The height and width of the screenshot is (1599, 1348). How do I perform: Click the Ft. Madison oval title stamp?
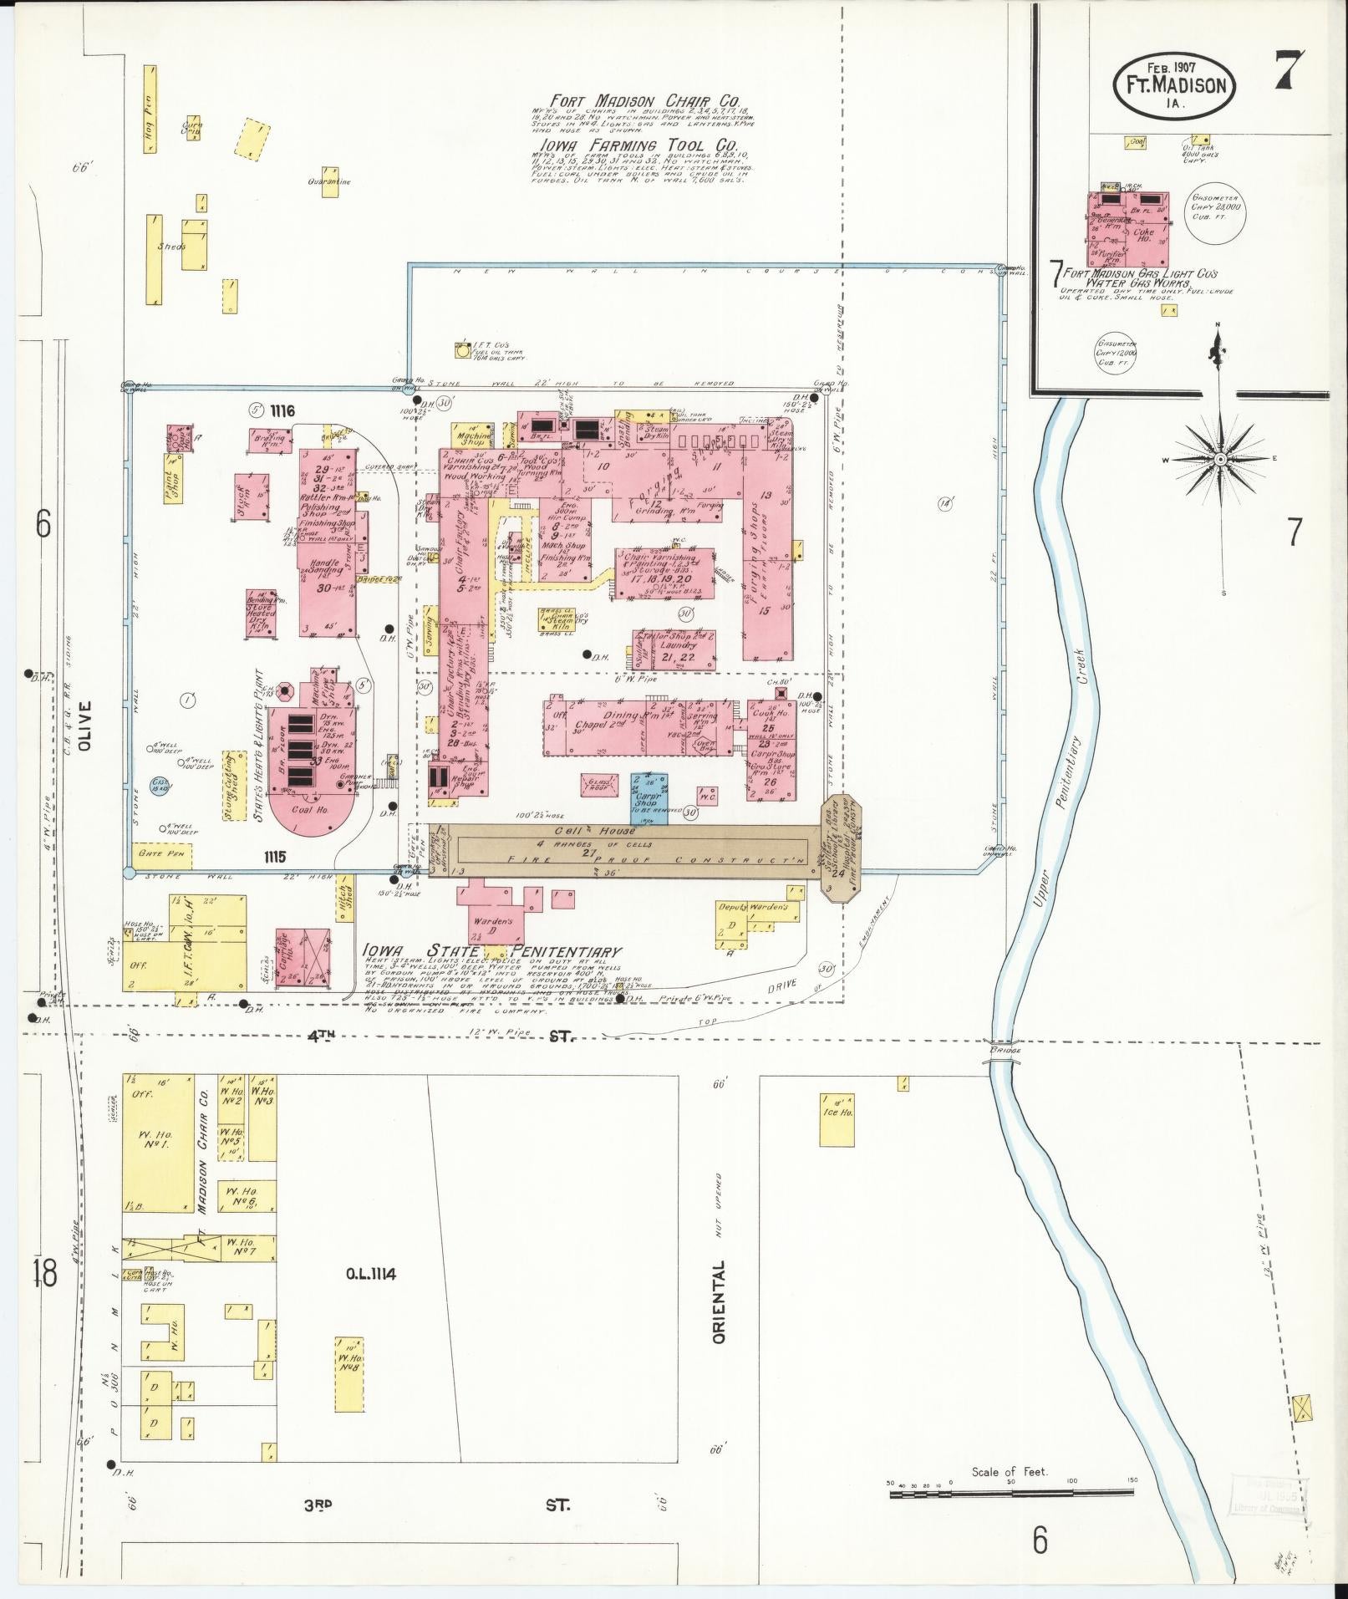tap(1174, 86)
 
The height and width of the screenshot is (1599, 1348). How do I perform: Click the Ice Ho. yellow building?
tap(837, 1118)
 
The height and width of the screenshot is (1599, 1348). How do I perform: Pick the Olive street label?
tap(85, 726)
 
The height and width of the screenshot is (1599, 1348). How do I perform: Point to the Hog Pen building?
tap(150, 109)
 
